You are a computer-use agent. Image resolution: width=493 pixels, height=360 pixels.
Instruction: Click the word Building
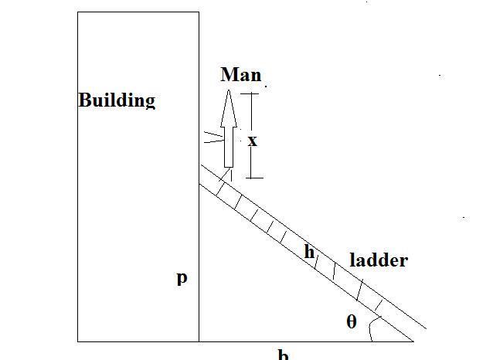(x=117, y=100)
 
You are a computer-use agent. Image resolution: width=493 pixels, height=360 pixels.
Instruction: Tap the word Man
(x=240, y=75)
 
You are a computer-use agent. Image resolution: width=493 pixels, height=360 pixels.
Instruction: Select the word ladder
(x=379, y=260)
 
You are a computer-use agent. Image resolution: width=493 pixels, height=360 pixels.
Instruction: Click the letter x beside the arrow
(x=252, y=141)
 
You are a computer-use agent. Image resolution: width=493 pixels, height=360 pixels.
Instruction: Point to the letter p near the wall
(x=182, y=277)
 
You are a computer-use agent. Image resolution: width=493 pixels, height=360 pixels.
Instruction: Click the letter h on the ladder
(x=309, y=252)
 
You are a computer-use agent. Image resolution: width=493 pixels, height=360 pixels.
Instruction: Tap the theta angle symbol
(x=352, y=321)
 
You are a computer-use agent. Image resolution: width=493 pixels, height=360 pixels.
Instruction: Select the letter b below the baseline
(x=284, y=355)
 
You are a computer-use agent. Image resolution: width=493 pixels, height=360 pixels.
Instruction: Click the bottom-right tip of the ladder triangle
(x=413, y=340)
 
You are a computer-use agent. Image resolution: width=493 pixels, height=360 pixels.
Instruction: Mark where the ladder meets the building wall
(x=199, y=183)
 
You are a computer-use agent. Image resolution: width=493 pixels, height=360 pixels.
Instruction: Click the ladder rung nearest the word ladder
(x=360, y=290)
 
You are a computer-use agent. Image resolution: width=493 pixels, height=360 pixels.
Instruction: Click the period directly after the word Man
(x=260, y=80)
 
